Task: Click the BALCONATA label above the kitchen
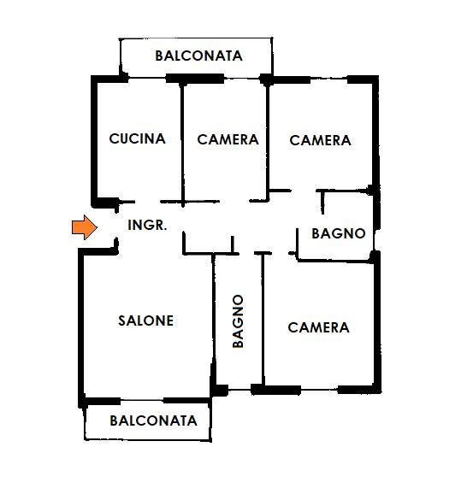click(x=198, y=56)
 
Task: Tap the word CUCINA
click(x=137, y=138)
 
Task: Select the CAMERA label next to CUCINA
click(x=228, y=139)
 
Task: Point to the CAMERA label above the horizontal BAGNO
click(x=320, y=140)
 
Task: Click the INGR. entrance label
click(x=147, y=225)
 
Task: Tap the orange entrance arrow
click(x=85, y=227)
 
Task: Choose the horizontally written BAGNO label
click(x=339, y=233)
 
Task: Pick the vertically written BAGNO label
click(x=238, y=321)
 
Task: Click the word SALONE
click(x=145, y=321)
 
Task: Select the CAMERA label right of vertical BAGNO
click(x=318, y=327)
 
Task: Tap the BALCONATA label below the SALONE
click(x=153, y=420)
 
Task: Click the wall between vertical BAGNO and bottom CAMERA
click(x=263, y=319)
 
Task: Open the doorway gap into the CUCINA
click(x=148, y=202)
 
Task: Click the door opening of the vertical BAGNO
click(x=246, y=253)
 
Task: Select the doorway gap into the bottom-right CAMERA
click(x=280, y=253)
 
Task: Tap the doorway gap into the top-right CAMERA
click(x=304, y=191)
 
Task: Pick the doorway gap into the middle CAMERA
click(x=234, y=201)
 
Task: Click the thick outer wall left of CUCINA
click(x=94, y=142)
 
